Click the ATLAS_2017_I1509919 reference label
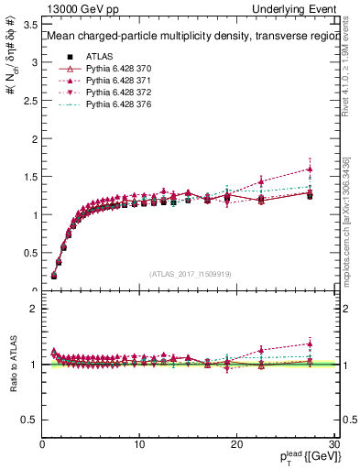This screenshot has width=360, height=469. click(190, 273)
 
